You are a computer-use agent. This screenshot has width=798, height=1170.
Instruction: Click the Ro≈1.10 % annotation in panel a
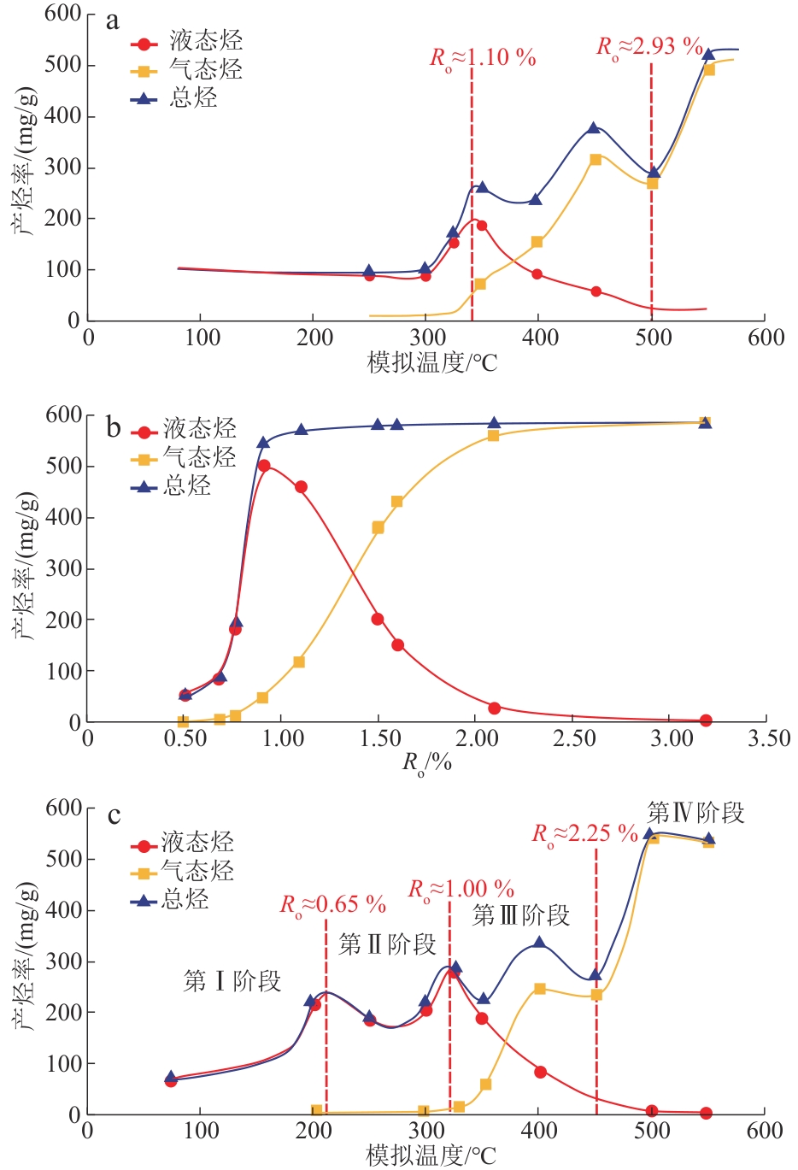pyautogui.click(x=483, y=58)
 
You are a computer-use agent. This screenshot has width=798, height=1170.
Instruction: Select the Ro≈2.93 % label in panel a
pyautogui.click(x=649, y=46)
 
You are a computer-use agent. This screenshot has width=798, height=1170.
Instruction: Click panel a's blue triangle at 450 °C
pyautogui.click(x=595, y=128)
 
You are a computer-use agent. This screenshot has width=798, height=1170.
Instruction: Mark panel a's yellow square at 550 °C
pyautogui.click(x=708, y=69)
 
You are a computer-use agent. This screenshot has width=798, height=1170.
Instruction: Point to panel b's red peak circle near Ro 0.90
pyautogui.click(x=264, y=466)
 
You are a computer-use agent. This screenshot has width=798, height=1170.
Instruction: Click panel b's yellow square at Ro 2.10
pyautogui.click(x=493, y=435)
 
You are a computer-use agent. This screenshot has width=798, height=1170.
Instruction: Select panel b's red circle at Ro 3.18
pyautogui.click(x=706, y=720)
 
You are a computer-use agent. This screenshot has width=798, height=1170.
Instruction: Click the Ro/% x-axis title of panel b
pyautogui.click(x=426, y=763)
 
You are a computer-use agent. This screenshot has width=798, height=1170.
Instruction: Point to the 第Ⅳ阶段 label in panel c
pyautogui.click(x=695, y=812)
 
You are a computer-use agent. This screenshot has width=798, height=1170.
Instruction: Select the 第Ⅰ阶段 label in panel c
pyautogui.click(x=232, y=981)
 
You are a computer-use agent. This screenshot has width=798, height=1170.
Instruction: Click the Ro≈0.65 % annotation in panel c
pyautogui.click(x=333, y=904)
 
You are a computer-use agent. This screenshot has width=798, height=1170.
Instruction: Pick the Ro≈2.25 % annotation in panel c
pyautogui.click(x=585, y=833)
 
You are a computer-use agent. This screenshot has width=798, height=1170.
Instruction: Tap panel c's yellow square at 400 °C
pyautogui.click(x=539, y=989)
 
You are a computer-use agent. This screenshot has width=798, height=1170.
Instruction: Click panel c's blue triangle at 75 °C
pyautogui.click(x=171, y=1078)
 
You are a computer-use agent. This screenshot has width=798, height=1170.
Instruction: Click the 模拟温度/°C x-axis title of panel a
pyautogui.click(x=432, y=362)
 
